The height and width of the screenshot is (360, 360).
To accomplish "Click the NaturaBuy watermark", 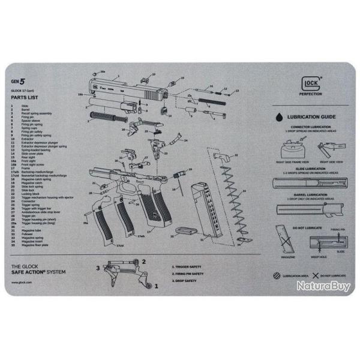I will click(x=323, y=286).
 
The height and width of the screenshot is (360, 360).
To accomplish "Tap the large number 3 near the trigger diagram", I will click(x=98, y=268).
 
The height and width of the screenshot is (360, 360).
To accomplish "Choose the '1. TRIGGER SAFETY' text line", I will click(x=187, y=266).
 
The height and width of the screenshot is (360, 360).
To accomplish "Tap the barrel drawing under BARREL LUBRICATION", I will click(x=306, y=209).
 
